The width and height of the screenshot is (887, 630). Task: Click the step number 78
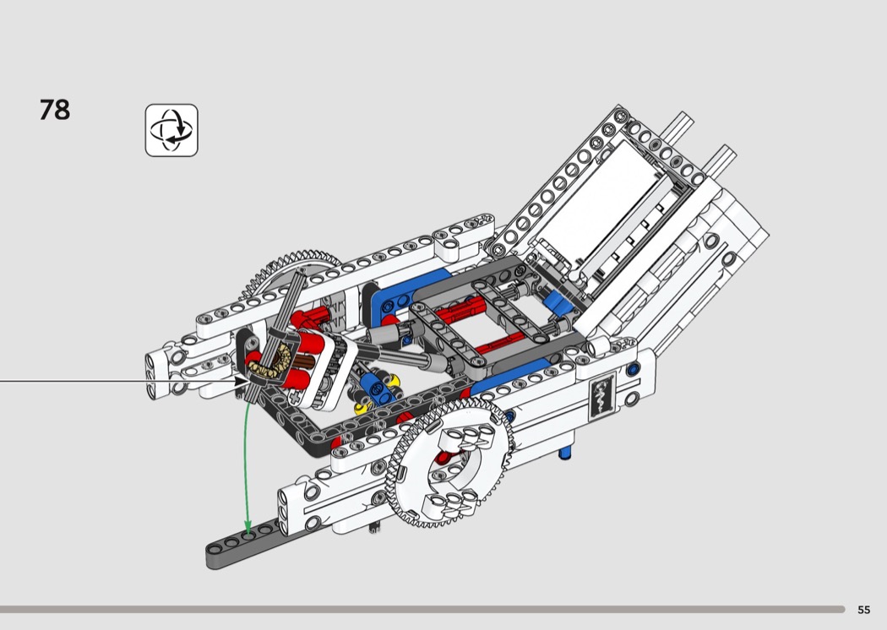coord(55,110)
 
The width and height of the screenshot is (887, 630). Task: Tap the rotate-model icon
coord(171,130)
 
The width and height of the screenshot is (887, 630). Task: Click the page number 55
coord(864,610)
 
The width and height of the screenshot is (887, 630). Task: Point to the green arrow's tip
coord(248,535)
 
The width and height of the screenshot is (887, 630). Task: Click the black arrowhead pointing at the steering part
coord(243,381)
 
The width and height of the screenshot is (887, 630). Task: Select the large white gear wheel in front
coord(449,462)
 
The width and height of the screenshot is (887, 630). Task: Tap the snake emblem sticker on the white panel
coord(601,397)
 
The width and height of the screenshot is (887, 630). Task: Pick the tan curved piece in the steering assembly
coord(271,362)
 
